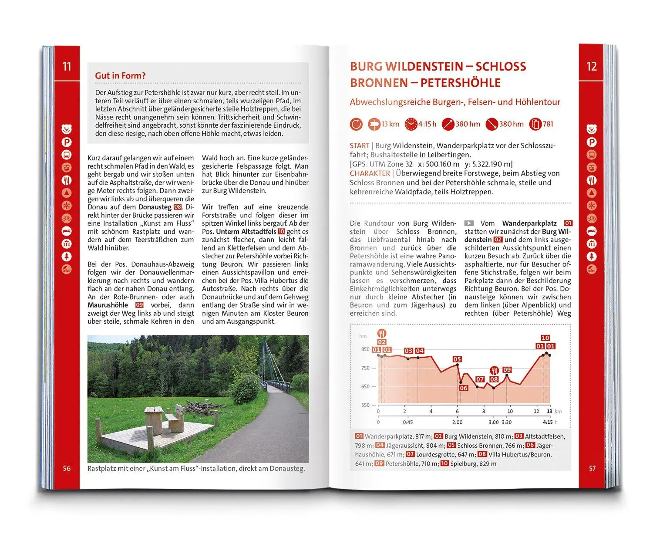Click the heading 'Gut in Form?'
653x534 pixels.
pyautogui.click(x=120, y=76)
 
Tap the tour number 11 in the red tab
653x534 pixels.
pyautogui.click(x=67, y=67)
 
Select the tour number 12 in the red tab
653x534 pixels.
pyautogui.click(x=591, y=67)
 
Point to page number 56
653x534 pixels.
pyautogui.click(x=67, y=469)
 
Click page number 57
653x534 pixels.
pyautogui.click(x=592, y=469)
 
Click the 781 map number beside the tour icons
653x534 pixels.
pyautogui.click(x=548, y=124)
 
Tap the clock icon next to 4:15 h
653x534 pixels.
pyautogui.click(x=411, y=125)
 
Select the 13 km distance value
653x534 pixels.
pyautogui.click(x=390, y=124)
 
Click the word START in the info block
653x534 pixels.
pyautogui.click(x=359, y=146)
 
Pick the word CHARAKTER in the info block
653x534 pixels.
pyautogui.click(x=370, y=173)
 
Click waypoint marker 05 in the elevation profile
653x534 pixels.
pyautogui.click(x=457, y=359)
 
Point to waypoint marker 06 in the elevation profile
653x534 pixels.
pyautogui.click(x=463, y=388)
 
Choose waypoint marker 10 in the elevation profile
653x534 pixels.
pyautogui.click(x=545, y=338)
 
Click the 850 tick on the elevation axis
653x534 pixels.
pyautogui.click(x=365, y=349)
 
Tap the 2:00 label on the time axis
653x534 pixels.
pyautogui.click(x=457, y=422)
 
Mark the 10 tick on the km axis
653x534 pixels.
pyautogui.click(x=510, y=411)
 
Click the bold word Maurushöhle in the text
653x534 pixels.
pyautogui.click(x=108, y=305)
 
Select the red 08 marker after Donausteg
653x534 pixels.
pyautogui.click(x=178, y=207)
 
